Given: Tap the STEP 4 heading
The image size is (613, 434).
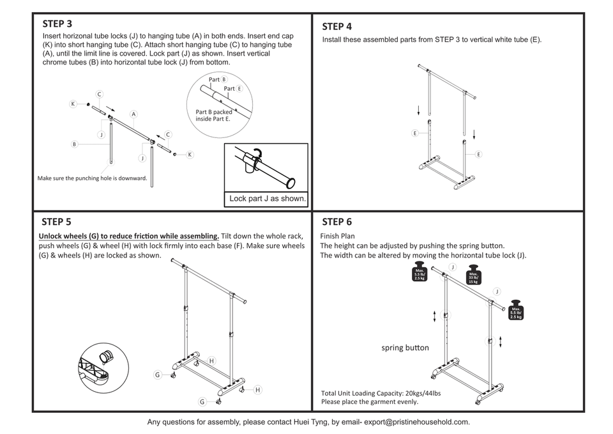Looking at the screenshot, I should [337, 27].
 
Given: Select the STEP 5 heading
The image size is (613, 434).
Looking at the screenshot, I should [56, 222].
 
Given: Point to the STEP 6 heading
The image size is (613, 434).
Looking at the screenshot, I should [337, 222].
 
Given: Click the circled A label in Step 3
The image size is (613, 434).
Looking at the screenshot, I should [134, 114].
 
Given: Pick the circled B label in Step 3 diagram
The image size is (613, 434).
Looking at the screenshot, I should [74, 144].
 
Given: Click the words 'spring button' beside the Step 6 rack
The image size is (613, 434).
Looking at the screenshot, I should [405, 348].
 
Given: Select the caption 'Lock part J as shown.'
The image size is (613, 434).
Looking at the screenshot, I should [268, 199].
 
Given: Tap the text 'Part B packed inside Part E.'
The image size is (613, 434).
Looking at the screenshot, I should [214, 115].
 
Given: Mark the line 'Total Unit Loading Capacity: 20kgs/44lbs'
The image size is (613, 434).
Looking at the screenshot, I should [381, 393].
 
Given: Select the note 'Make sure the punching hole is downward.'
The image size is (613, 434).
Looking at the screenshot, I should [93, 178].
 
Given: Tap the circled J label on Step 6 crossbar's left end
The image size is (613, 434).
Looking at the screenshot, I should [452, 267].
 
